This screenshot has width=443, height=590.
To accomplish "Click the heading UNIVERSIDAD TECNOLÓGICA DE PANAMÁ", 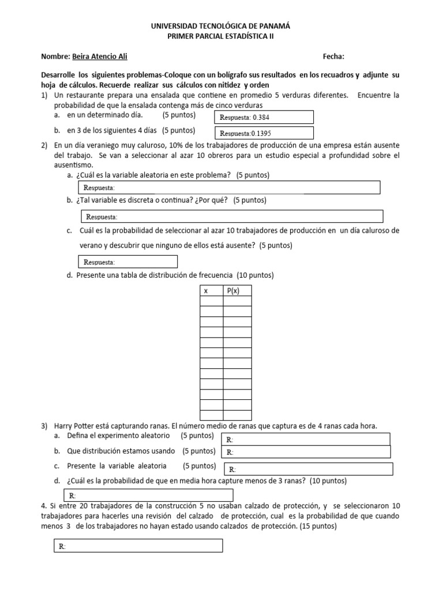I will click(221, 27).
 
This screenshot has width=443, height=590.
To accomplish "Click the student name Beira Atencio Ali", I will click(99, 56).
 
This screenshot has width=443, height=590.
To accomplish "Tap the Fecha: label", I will click(334, 56).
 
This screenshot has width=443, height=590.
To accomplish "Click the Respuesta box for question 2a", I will click(228, 188).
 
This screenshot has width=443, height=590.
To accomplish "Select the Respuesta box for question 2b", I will click(231, 216).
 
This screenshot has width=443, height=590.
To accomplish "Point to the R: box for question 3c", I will click(308, 468).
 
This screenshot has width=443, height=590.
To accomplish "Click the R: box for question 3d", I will click(148, 495).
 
